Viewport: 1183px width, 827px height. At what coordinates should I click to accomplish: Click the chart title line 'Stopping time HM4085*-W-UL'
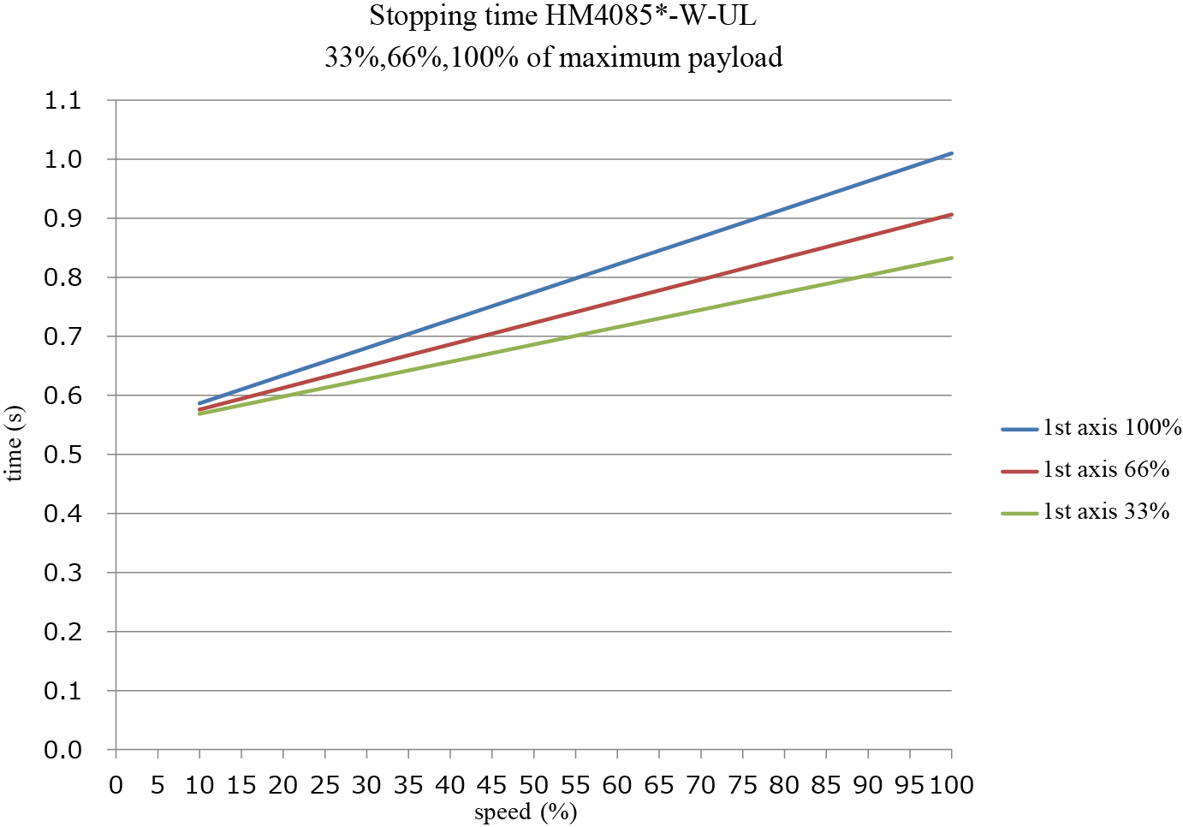[x=562, y=16]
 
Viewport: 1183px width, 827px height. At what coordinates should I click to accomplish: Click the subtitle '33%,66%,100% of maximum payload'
[x=553, y=57]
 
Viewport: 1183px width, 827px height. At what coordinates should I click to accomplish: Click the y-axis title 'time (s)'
[x=15, y=443]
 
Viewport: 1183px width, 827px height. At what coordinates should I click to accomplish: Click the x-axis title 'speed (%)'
[x=526, y=812]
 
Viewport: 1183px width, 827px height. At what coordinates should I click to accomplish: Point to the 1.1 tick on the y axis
[x=62, y=101]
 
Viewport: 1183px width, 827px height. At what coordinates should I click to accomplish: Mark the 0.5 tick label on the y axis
[x=62, y=455]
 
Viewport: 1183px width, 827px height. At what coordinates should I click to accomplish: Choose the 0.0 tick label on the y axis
[x=62, y=750]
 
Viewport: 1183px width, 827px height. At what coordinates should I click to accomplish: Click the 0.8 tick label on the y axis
[x=62, y=277]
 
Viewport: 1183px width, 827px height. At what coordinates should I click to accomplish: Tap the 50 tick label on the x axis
[x=533, y=785]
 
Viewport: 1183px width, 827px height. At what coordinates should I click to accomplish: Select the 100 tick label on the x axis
[x=951, y=785]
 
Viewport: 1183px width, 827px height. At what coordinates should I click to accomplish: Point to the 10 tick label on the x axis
[x=199, y=785]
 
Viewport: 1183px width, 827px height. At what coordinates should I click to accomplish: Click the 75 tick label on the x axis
[x=742, y=785]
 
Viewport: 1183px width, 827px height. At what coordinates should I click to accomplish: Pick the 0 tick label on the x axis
[x=116, y=785]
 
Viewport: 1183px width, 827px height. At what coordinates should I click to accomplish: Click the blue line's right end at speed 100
[x=951, y=153]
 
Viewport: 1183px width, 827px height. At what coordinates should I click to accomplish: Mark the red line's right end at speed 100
[x=951, y=214]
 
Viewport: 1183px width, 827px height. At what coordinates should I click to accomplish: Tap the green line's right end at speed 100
[x=951, y=258]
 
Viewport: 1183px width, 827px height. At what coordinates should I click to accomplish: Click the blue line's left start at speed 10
[x=199, y=403]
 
